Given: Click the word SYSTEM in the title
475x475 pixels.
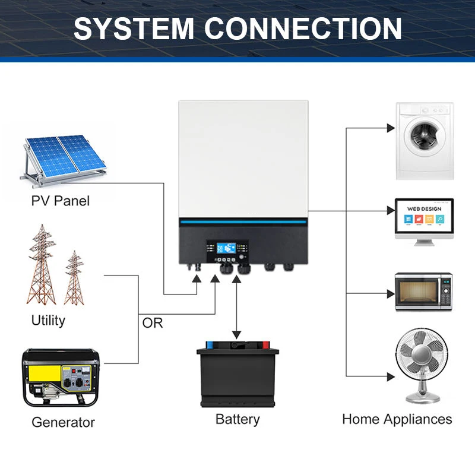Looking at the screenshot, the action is [x=134, y=28].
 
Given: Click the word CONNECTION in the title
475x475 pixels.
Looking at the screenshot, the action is [x=303, y=28].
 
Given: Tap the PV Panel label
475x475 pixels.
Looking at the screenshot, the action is [x=61, y=201].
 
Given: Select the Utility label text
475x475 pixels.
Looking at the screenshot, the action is [x=48, y=321].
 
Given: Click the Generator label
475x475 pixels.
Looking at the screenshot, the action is [x=63, y=422].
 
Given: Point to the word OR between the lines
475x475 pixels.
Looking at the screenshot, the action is [x=153, y=323].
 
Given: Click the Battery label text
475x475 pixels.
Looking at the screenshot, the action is [x=237, y=420].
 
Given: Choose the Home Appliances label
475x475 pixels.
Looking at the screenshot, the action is [x=397, y=420].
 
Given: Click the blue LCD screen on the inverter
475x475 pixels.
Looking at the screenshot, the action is [x=226, y=248].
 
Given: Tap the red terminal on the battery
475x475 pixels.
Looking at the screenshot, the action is [x=265, y=345].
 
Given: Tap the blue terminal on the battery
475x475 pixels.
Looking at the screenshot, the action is [x=210, y=345].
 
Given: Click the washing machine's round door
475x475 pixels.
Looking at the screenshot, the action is [x=425, y=136].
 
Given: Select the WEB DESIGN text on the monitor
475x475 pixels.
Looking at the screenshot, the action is [x=424, y=209].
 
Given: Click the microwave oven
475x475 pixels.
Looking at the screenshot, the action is [x=423, y=292].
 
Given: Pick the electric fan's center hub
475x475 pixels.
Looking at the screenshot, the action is [x=422, y=354].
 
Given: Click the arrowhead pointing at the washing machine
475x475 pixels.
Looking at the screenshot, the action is [x=391, y=128].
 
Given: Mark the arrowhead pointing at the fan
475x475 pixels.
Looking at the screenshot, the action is [x=391, y=377].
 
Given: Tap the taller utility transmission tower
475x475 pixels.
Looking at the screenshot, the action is [x=42, y=264].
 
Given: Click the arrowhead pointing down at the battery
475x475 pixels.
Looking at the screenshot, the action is [x=236, y=335].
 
